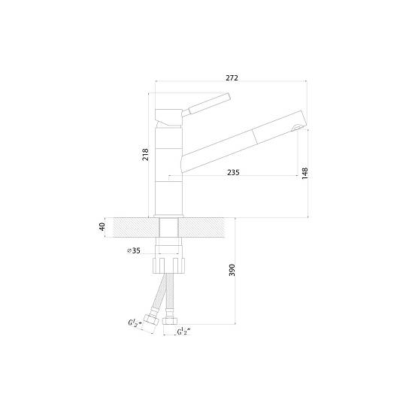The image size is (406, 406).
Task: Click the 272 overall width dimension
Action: tap(232, 78)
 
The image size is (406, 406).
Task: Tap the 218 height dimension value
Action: tap(146, 154)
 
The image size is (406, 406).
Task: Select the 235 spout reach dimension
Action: tap(233, 172)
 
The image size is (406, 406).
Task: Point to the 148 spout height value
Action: tap(305, 173)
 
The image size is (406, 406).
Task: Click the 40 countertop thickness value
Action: tap(102, 227)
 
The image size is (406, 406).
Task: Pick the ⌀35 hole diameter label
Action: tap(134, 250)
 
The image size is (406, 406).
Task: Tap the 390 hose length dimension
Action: tap(232, 270)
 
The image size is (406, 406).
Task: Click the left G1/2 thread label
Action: tap(135, 323)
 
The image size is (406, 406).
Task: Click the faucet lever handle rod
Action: tap(209, 103)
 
